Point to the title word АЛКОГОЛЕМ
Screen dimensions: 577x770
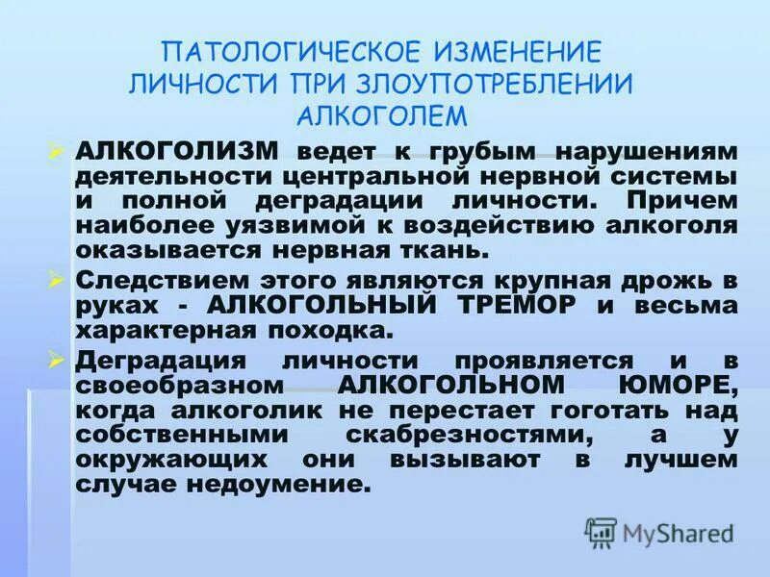[x=383, y=115]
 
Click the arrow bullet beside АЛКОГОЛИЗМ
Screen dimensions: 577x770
[x=56, y=150]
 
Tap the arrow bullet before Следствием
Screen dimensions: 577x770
[x=56, y=279]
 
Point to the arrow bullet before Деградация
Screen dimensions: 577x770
[x=56, y=359]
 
